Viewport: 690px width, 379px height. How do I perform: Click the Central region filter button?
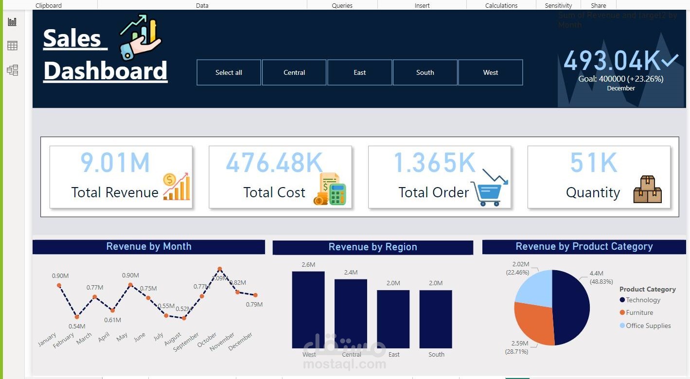click(294, 72)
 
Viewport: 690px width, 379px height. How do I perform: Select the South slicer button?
click(425, 72)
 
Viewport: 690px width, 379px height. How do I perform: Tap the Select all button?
click(229, 72)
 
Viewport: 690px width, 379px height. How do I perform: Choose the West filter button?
click(490, 72)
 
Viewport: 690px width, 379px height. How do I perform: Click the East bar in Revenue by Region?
click(393, 319)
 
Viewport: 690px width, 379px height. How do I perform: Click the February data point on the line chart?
click(77, 317)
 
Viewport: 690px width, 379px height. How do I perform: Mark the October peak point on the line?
click(220, 269)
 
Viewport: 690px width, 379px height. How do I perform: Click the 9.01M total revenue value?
click(115, 163)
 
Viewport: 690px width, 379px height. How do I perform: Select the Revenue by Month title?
click(149, 246)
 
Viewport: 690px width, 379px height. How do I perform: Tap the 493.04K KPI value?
click(612, 61)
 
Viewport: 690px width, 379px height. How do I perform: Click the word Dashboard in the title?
click(106, 71)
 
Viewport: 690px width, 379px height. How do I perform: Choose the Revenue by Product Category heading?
click(584, 246)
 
